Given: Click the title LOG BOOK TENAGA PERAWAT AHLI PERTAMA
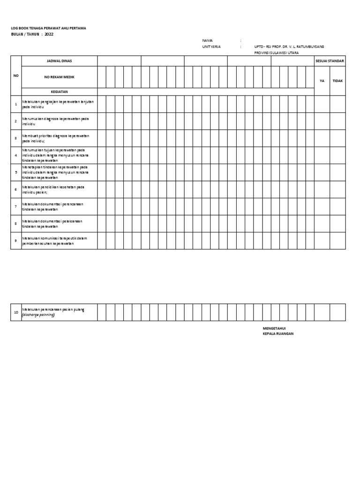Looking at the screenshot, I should pyautogui.click(x=49, y=28).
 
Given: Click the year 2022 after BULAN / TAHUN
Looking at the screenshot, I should pyautogui.click(x=49, y=34).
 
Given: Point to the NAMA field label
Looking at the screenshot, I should pyautogui.click(x=207, y=41).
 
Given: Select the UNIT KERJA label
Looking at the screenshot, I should pyautogui.click(x=211, y=47).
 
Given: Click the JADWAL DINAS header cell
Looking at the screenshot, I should pyautogui.click(x=59, y=61).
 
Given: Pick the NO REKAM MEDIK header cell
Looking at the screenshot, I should pyautogui.click(x=59, y=76).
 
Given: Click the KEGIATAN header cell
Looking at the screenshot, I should pyautogui.click(x=59, y=92).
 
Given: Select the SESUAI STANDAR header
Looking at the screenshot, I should pyautogui.click(x=330, y=61).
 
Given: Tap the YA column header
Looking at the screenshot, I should pyautogui.click(x=322, y=81).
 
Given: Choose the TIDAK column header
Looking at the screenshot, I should pyautogui.click(x=337, y=81).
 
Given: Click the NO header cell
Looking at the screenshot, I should pyautogui.click(x=16, y=75).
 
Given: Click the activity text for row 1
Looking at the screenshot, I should pyautogui.click(x=58, y=104).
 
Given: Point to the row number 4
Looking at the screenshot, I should pyautogui.click(x=16, y=155).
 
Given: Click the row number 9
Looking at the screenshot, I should pyautogui.click(x=16, y=240).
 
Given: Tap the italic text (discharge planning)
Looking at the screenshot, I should pyautogui.click(x=38, y=315).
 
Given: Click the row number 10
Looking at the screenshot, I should pyautogui.click(x=16, y=312).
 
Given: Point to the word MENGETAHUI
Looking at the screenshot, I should pyautogui.click(x=274, y=329).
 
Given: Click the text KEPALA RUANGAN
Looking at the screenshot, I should pyautogui.click(x=278, y=334).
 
